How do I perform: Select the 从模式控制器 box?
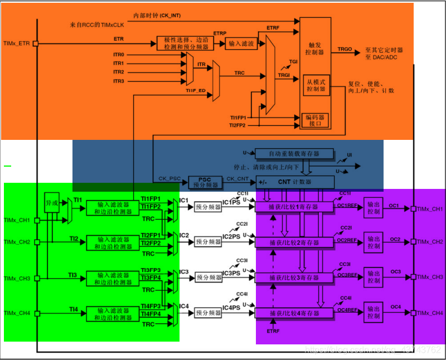(x=315, y=85)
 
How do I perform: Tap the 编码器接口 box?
(x=315, y=120)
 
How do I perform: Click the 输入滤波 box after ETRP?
(x=240, y=43)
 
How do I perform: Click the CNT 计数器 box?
(x=295, y=182)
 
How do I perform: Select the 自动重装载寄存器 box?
(x=294, y=153)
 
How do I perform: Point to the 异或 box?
(x=52, y=203)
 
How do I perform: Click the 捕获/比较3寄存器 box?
(x=294, y=278)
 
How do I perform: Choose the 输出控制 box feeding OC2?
(x=374, y=242)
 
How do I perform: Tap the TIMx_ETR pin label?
(x=16, y=43)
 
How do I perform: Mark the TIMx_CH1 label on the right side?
(x=429, y=209)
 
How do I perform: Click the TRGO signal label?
(x=345, y=50)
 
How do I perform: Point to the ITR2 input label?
(x=118, y=72)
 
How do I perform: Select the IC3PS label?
(x=231, y=274)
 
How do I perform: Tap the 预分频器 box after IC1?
(x=208, y=207)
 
